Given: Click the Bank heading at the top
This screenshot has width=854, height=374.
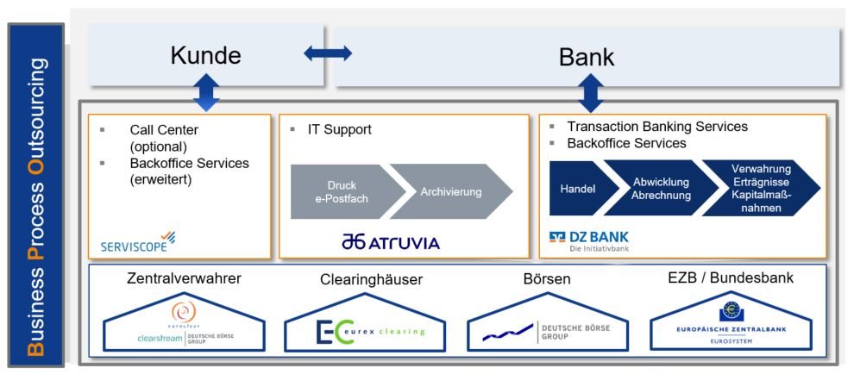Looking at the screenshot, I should (x=587, y=57).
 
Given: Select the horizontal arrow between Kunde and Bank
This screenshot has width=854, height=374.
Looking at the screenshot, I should (x=328, y=53).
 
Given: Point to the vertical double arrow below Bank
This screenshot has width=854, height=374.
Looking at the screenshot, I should (x=590, y=92).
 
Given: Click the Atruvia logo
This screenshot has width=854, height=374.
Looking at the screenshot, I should (x=390, y=242).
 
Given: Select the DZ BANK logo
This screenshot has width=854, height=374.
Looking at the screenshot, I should (x=589, y=239).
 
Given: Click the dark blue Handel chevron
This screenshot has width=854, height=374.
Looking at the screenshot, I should (x=579, y=188).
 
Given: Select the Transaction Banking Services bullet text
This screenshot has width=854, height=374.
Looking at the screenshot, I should (x=656, y=127).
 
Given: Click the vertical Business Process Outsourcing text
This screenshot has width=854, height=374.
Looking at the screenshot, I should (x=35, y=195).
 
